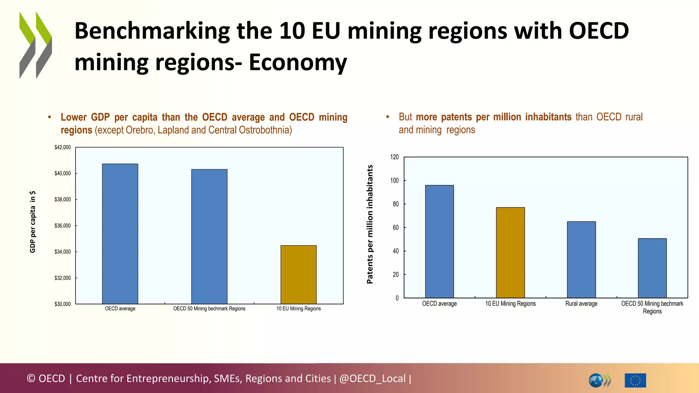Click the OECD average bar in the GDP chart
point(120,234)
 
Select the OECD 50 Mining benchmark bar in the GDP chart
point(209,236)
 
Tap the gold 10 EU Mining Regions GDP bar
point(298,275)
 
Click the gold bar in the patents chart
point(510,252)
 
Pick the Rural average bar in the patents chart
point(581,260)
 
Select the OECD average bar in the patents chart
point(439,242)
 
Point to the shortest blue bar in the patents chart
point(652,268)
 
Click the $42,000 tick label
point(63,147)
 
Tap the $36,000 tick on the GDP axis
point(63,226)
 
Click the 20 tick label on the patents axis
point(396,275)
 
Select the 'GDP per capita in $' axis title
point(33,222)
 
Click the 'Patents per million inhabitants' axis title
point(370,224)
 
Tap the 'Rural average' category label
point(581,304)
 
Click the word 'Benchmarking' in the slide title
point(152,31)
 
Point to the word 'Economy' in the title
point(298,62)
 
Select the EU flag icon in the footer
point(635,380)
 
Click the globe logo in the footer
point(596,380)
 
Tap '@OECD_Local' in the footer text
point(372,378)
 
